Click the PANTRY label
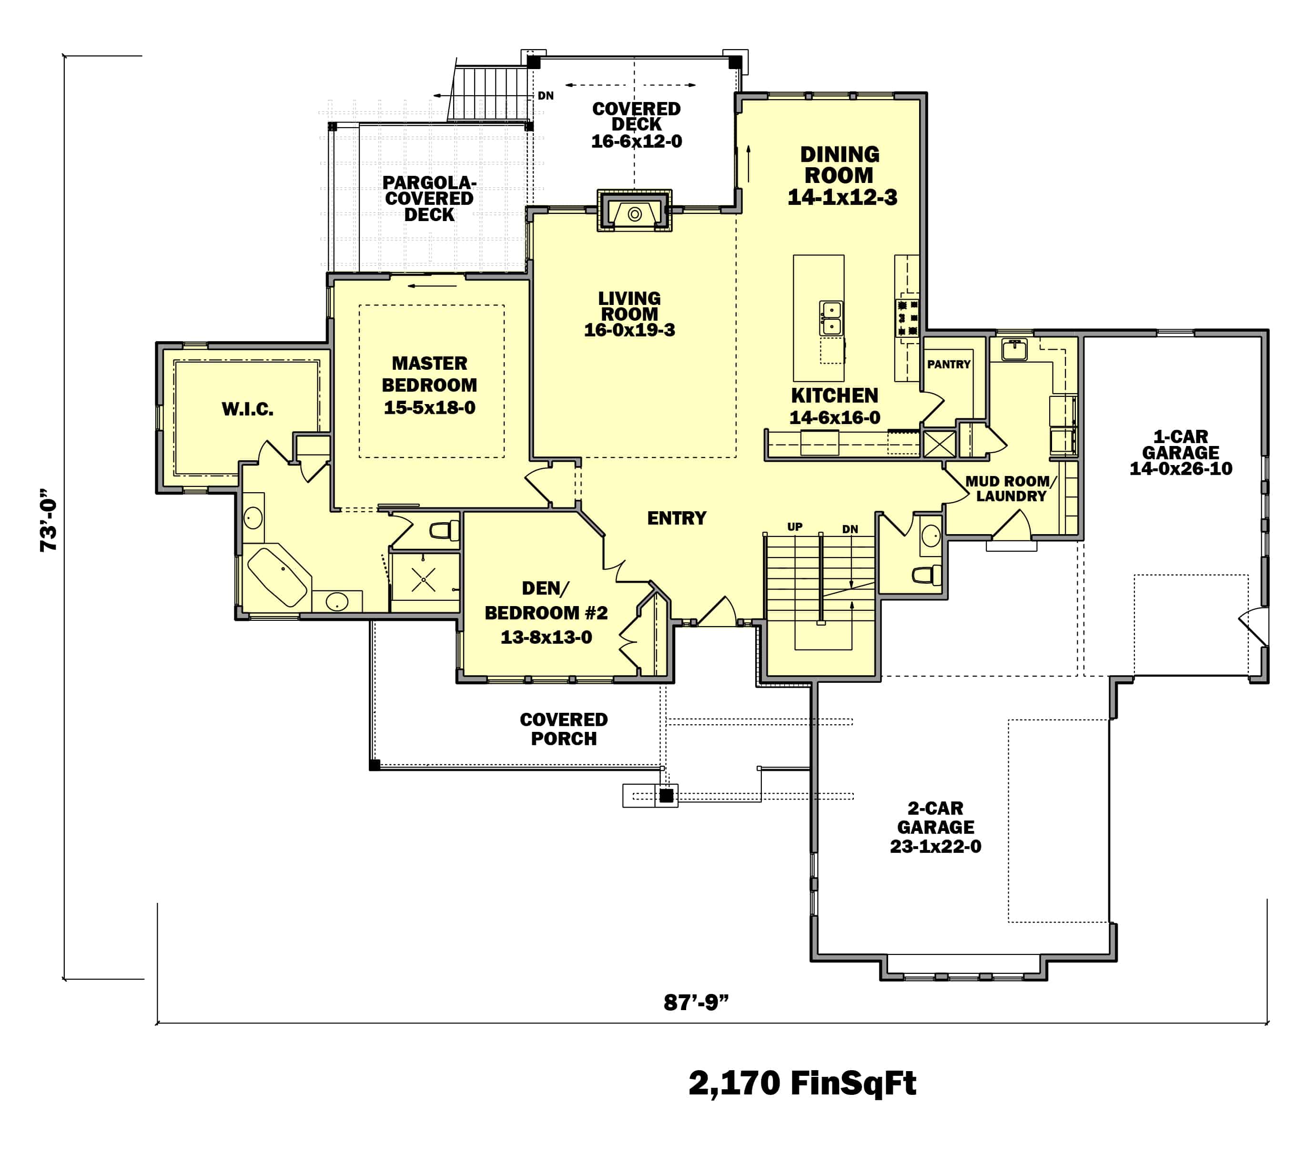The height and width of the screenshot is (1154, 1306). point(949,364)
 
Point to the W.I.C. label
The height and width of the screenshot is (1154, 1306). point(247,409)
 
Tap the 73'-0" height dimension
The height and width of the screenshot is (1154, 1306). point(49,521)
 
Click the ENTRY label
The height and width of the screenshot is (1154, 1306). point(677,518)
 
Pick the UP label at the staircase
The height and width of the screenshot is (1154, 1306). point(794,526)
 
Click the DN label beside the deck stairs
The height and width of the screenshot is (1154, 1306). point(545,96)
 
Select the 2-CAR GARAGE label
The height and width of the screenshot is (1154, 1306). point(935,818)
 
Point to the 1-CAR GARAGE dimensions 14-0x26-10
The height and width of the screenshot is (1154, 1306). point(1181,468)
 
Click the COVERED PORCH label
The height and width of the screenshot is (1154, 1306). point(564,729)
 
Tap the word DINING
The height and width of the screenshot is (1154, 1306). point(840,155)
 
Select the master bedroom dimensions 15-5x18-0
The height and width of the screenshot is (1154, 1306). point(429,408)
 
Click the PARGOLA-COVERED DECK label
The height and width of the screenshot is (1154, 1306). point(429,199)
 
